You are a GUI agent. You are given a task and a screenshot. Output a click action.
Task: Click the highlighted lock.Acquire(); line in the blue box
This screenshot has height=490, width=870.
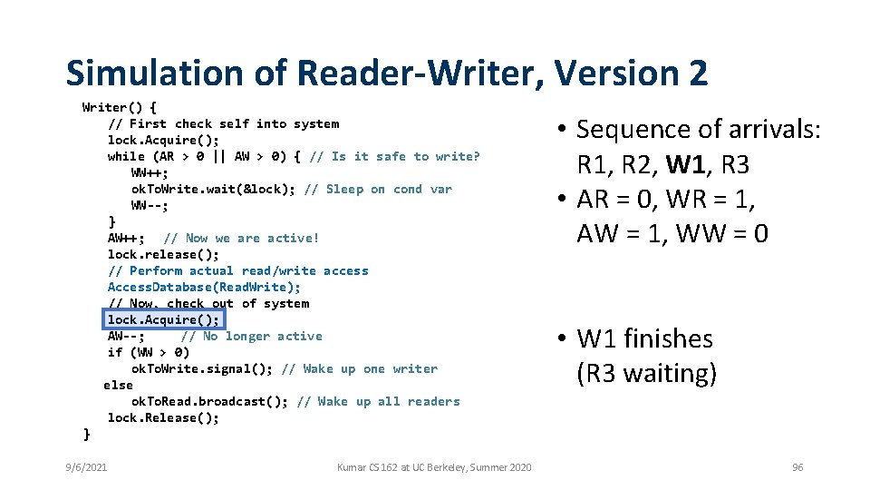[163, 319]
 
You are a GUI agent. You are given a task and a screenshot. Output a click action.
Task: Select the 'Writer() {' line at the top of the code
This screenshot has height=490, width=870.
[119, 107]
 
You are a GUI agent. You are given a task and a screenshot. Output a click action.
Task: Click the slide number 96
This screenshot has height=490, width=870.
[797, 467]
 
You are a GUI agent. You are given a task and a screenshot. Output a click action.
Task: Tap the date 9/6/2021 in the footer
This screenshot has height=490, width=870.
[86, 467]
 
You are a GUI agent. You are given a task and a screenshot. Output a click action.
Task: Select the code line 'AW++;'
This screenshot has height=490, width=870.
[126, 238]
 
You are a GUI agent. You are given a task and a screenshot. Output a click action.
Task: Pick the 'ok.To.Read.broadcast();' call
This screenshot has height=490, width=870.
[209, 401]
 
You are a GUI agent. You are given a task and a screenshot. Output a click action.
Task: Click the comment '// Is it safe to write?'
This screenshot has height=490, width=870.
[394, 156]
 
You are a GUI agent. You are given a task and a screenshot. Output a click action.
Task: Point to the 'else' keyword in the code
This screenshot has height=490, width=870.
[118, 385]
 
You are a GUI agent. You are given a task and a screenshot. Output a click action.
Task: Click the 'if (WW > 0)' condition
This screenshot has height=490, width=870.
[148, 352]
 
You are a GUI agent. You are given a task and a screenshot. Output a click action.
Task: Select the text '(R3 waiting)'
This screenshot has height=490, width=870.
[646, 373]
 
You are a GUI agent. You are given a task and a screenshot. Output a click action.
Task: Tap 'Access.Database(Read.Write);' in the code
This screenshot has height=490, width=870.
[204, 287]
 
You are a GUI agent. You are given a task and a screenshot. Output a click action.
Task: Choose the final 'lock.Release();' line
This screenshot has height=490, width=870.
[163, 417]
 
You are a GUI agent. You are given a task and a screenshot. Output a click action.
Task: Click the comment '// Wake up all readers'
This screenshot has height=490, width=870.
[378, 401]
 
